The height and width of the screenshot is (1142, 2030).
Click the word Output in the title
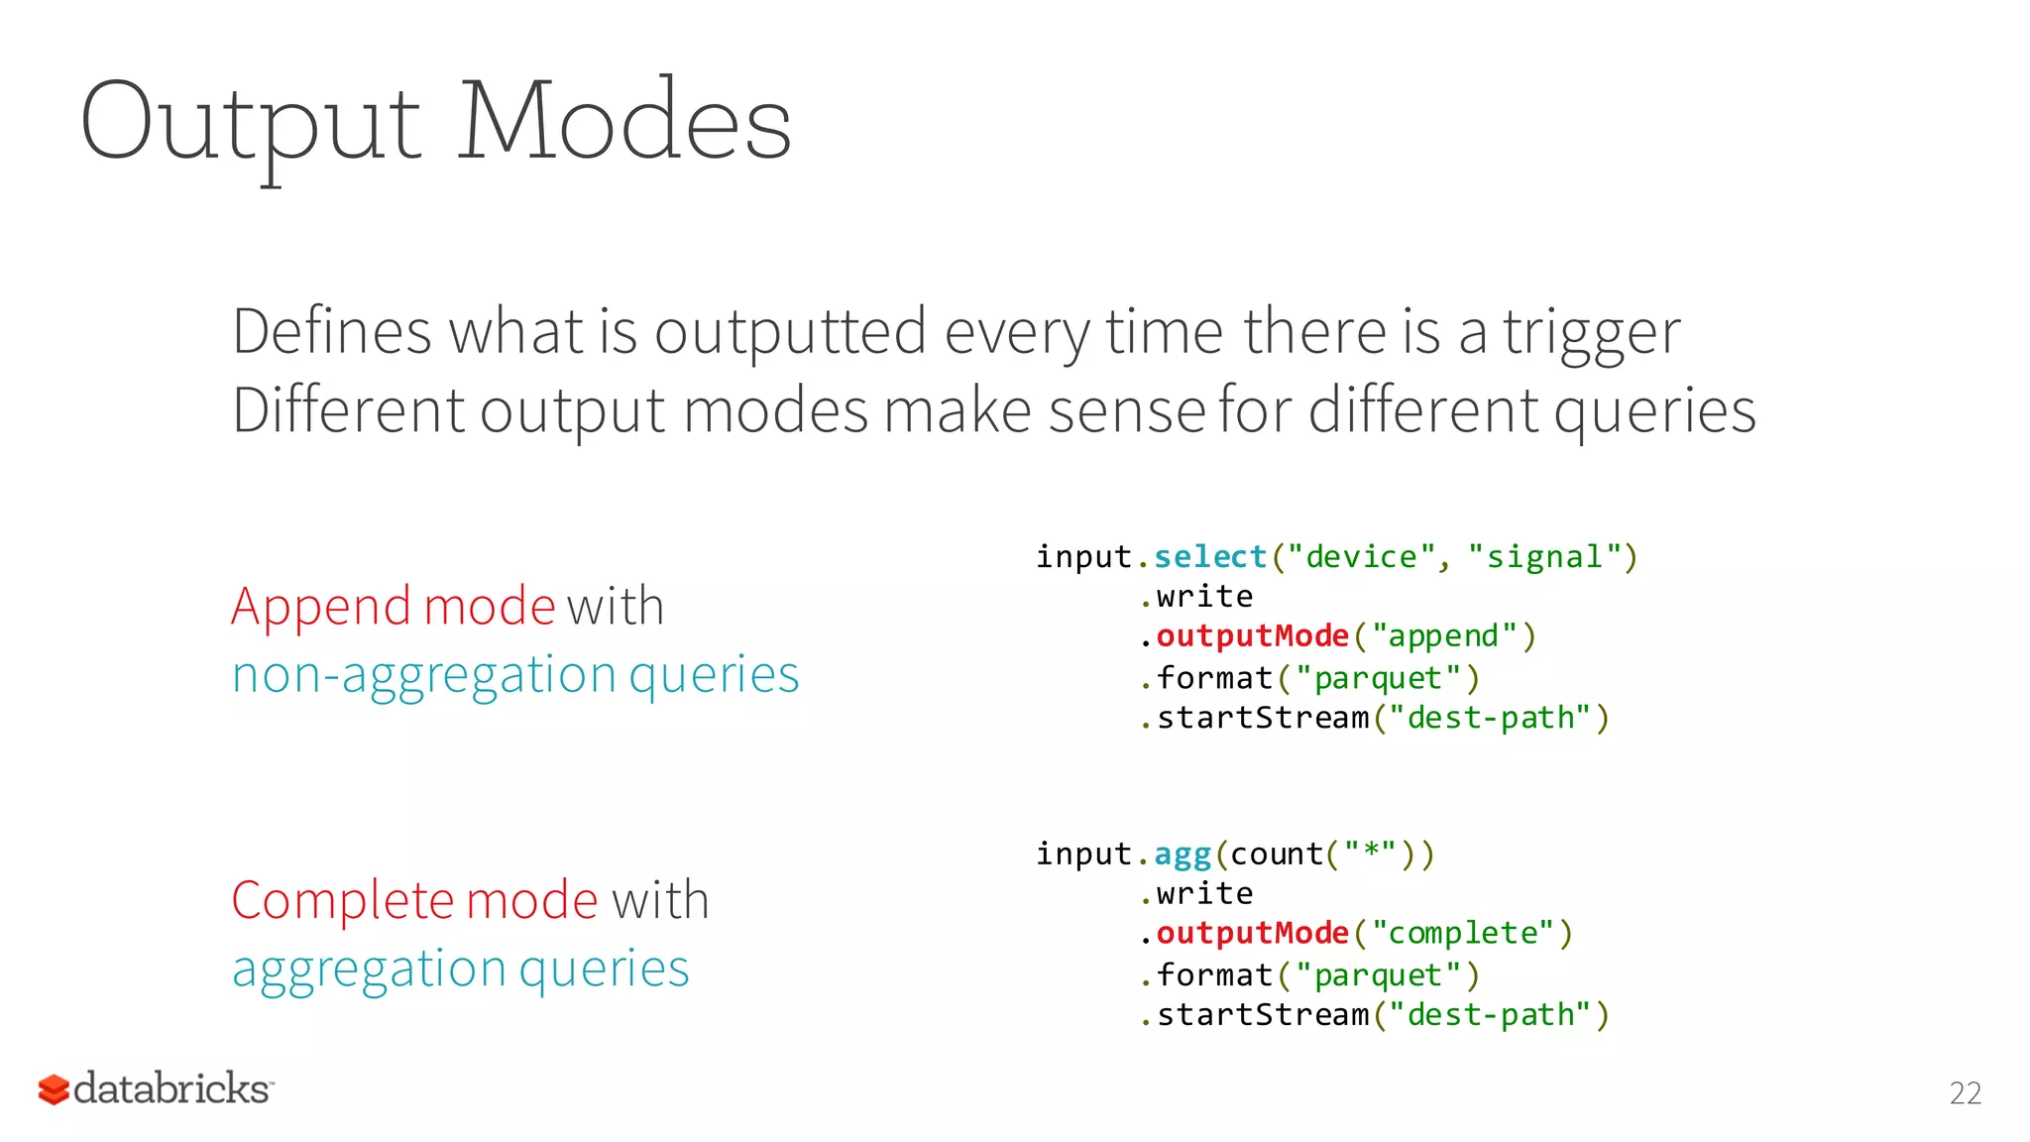251,124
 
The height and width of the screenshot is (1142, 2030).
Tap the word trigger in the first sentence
1591,333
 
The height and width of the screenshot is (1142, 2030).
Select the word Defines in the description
331,331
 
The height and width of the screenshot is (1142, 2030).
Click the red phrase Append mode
393,606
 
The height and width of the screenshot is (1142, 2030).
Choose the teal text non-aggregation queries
514,675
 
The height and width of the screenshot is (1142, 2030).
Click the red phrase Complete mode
414,900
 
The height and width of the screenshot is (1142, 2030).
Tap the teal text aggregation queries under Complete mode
460,969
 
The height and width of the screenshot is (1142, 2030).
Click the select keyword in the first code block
1210,557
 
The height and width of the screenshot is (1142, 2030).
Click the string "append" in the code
1444,636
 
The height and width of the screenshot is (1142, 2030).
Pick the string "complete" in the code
1462,934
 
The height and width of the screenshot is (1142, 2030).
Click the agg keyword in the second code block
1183,855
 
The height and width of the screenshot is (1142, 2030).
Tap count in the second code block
1276,855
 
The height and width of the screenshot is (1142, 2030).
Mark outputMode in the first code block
1252,636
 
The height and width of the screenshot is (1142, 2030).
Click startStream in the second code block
1263,1015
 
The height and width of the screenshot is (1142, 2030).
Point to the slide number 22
1965,1093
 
